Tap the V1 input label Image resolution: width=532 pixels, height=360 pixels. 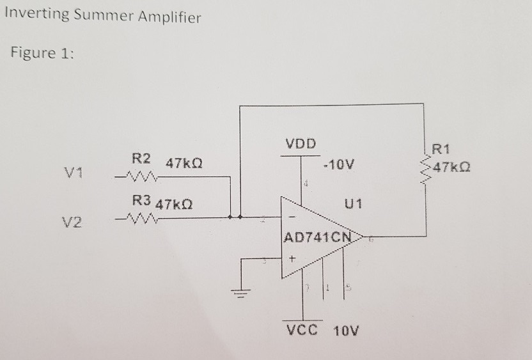[x=75, y=173]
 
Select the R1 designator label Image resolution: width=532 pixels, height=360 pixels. [x=442, y=151]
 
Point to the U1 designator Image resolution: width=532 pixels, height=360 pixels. [x=353, y=204]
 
